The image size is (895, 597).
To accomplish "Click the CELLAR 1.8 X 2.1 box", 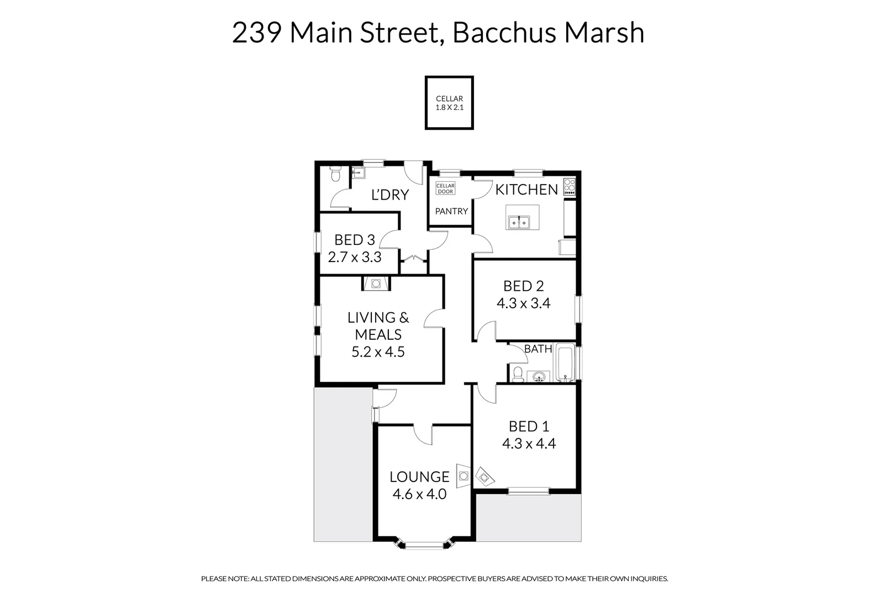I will coord(449,103).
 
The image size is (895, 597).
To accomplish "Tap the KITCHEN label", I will coord(526,190).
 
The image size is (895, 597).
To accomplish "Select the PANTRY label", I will coord(451,211).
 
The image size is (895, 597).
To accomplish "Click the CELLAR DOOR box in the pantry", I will coord(445,188).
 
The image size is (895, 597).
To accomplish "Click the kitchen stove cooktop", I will coord(569,187).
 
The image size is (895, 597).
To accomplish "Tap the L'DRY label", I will coord(389,195).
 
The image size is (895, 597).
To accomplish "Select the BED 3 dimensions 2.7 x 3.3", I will coord(355,257).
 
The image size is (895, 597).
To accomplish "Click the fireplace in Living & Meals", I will coord(376,284).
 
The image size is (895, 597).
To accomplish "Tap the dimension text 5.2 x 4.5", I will coord(378,352).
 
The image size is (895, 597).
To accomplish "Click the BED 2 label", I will coord(523,286).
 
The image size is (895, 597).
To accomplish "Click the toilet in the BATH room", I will coord(518,374).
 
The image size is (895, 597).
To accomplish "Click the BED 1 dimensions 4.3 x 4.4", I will coord(529,443).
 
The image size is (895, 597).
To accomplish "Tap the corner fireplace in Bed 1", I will coord(485,475).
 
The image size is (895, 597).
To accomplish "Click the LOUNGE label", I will coord(419,476).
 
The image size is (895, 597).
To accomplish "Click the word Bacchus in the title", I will coord(506,33).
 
